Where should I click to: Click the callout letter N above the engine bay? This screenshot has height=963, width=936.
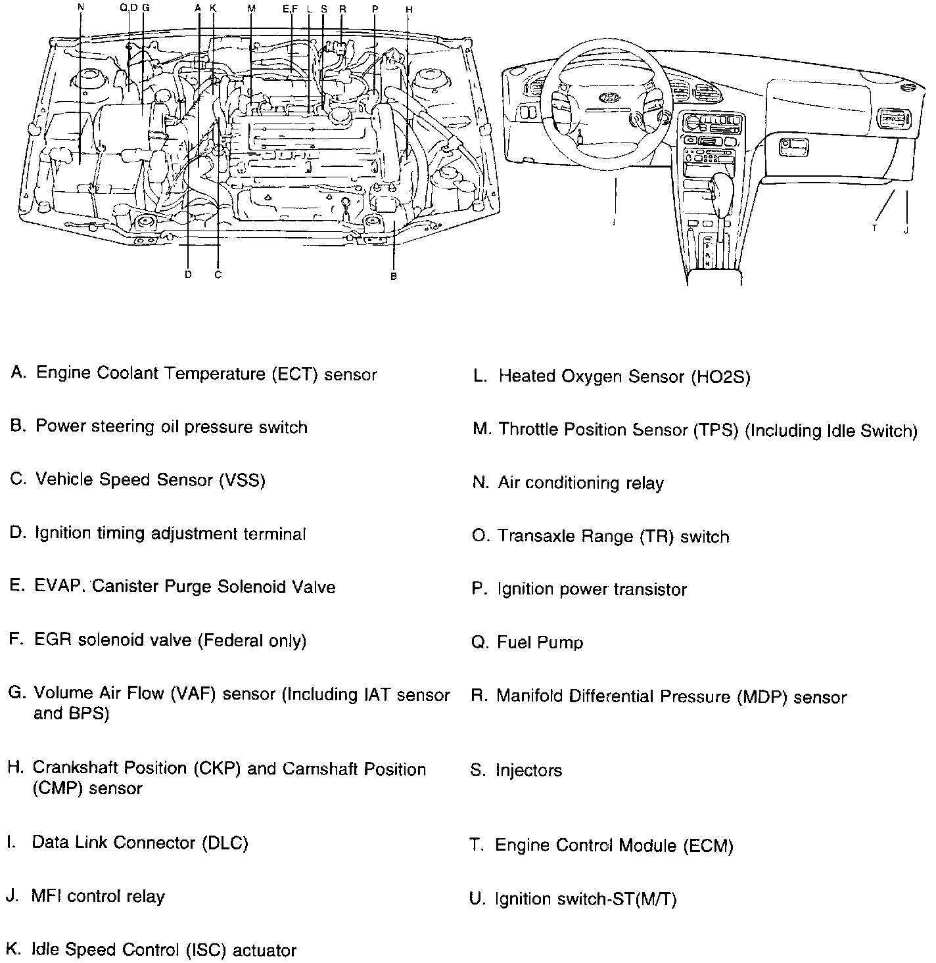pyautogui.click(x=81, y=8)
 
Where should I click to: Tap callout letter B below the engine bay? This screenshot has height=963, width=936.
pyautogui.click(x=394, y=277)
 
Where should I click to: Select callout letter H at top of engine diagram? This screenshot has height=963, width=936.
pyautogui.click(x=409, y=10)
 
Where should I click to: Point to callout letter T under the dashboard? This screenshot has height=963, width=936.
pyautogui.click(x=875, y=228)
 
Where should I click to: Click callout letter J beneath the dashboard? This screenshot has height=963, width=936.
pyautogui.click(x=906, y=230)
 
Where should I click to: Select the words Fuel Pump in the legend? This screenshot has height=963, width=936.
pyautogui.click(x=540, y=642)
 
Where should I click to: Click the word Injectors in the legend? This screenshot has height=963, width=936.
pyautogui.click(x=528, y=770)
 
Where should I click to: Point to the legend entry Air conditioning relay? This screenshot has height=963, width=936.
pyautogui.click(x=580, y=483)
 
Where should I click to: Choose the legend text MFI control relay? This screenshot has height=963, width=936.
pyautogui.click(x=98, y=897)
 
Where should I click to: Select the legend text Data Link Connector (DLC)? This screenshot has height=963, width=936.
pyautogui.click(x=140, y=843)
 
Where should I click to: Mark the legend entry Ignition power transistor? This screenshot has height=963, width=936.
pyautogui.click(x=592, y=589)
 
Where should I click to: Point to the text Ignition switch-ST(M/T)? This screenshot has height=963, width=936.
pyautogui.click(x=586, y=899)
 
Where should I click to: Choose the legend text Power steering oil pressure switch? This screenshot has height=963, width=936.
pyautogui.click(x=172, y=427)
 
